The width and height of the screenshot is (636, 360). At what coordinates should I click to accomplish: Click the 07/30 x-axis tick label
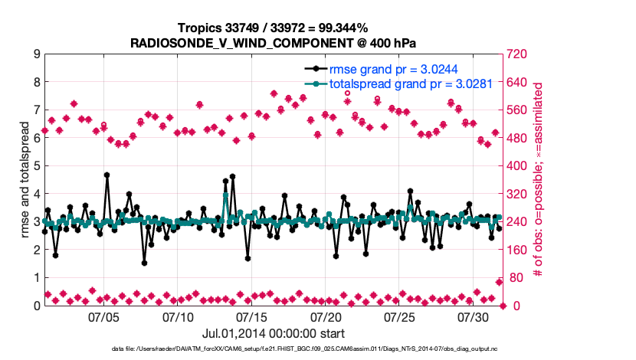click(474, 316)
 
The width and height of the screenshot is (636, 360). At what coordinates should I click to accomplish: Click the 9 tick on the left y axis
click(36, 54)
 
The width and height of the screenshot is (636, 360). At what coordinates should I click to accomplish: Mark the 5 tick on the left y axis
click(36, 166)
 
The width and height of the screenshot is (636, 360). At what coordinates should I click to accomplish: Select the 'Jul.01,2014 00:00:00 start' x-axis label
click(274, 333)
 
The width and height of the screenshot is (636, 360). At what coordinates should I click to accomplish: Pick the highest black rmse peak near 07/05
click(107, 175)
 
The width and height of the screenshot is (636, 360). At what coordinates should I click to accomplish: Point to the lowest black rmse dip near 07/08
click(144, 263)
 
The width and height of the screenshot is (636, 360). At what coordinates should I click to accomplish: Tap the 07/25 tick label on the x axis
click(400, 316)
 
